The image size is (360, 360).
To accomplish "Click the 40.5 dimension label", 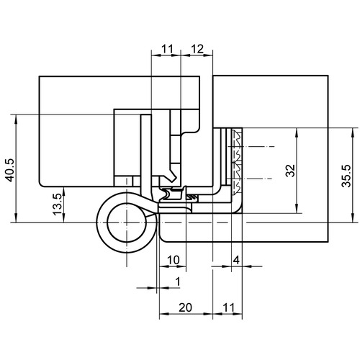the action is [10, 170].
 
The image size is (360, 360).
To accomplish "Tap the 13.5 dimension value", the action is [58, 204].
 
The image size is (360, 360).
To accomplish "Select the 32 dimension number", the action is [291, 171].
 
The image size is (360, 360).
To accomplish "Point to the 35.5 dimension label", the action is [346, 176].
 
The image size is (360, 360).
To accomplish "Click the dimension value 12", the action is [197, 49].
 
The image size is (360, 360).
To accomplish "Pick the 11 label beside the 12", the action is [167, 49].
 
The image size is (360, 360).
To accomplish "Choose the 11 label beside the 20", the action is [228, 307].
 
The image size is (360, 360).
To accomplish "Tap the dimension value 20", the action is [186, 307].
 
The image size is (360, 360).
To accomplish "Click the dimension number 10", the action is [173, 260].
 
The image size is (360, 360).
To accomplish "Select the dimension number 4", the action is [236, 260].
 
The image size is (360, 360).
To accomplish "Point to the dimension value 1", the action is [178, 282].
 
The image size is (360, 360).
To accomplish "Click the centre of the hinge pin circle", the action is [127, 222].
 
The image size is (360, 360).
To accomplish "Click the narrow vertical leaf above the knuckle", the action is [146, 156].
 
